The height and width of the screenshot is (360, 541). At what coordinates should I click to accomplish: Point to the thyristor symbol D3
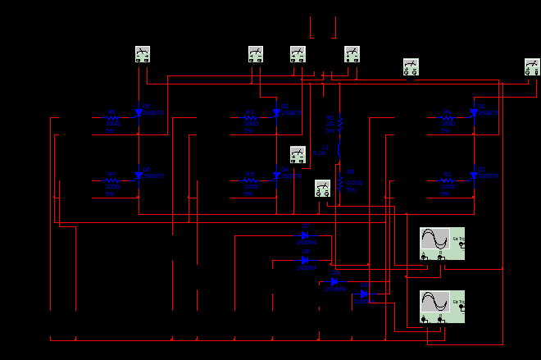[276, 112]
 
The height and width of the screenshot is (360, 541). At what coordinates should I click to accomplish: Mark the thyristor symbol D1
[474, 112]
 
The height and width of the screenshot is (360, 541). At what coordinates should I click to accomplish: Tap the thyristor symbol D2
[474, 175]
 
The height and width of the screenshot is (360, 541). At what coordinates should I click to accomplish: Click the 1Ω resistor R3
[340, 123]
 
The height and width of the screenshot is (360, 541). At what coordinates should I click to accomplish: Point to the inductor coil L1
[340, 152]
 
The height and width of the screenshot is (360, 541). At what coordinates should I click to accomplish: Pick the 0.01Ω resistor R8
[340, 180]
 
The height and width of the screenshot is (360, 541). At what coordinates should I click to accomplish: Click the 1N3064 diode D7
[305, 235]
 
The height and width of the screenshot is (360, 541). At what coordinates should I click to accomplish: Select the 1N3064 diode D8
[305, 260]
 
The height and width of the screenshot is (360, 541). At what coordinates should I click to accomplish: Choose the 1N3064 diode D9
[334, 281]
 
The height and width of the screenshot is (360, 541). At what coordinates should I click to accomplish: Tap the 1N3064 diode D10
[363, 294]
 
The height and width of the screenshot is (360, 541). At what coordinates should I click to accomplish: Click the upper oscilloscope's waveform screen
[434, 239]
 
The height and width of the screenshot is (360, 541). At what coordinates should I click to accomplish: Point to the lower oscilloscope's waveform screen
[434, 302]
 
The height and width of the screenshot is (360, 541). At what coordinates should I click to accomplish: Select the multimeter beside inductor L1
[298, 154]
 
